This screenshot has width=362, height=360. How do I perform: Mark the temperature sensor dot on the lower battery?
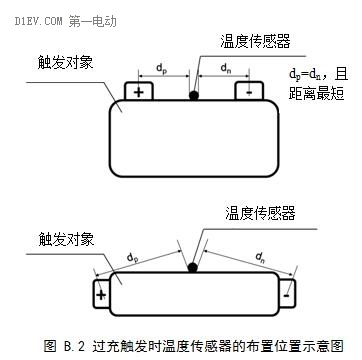coord(192,267)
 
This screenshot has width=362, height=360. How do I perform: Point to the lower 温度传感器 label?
coord(255,213)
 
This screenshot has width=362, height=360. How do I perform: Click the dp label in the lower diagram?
coord(134,257)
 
